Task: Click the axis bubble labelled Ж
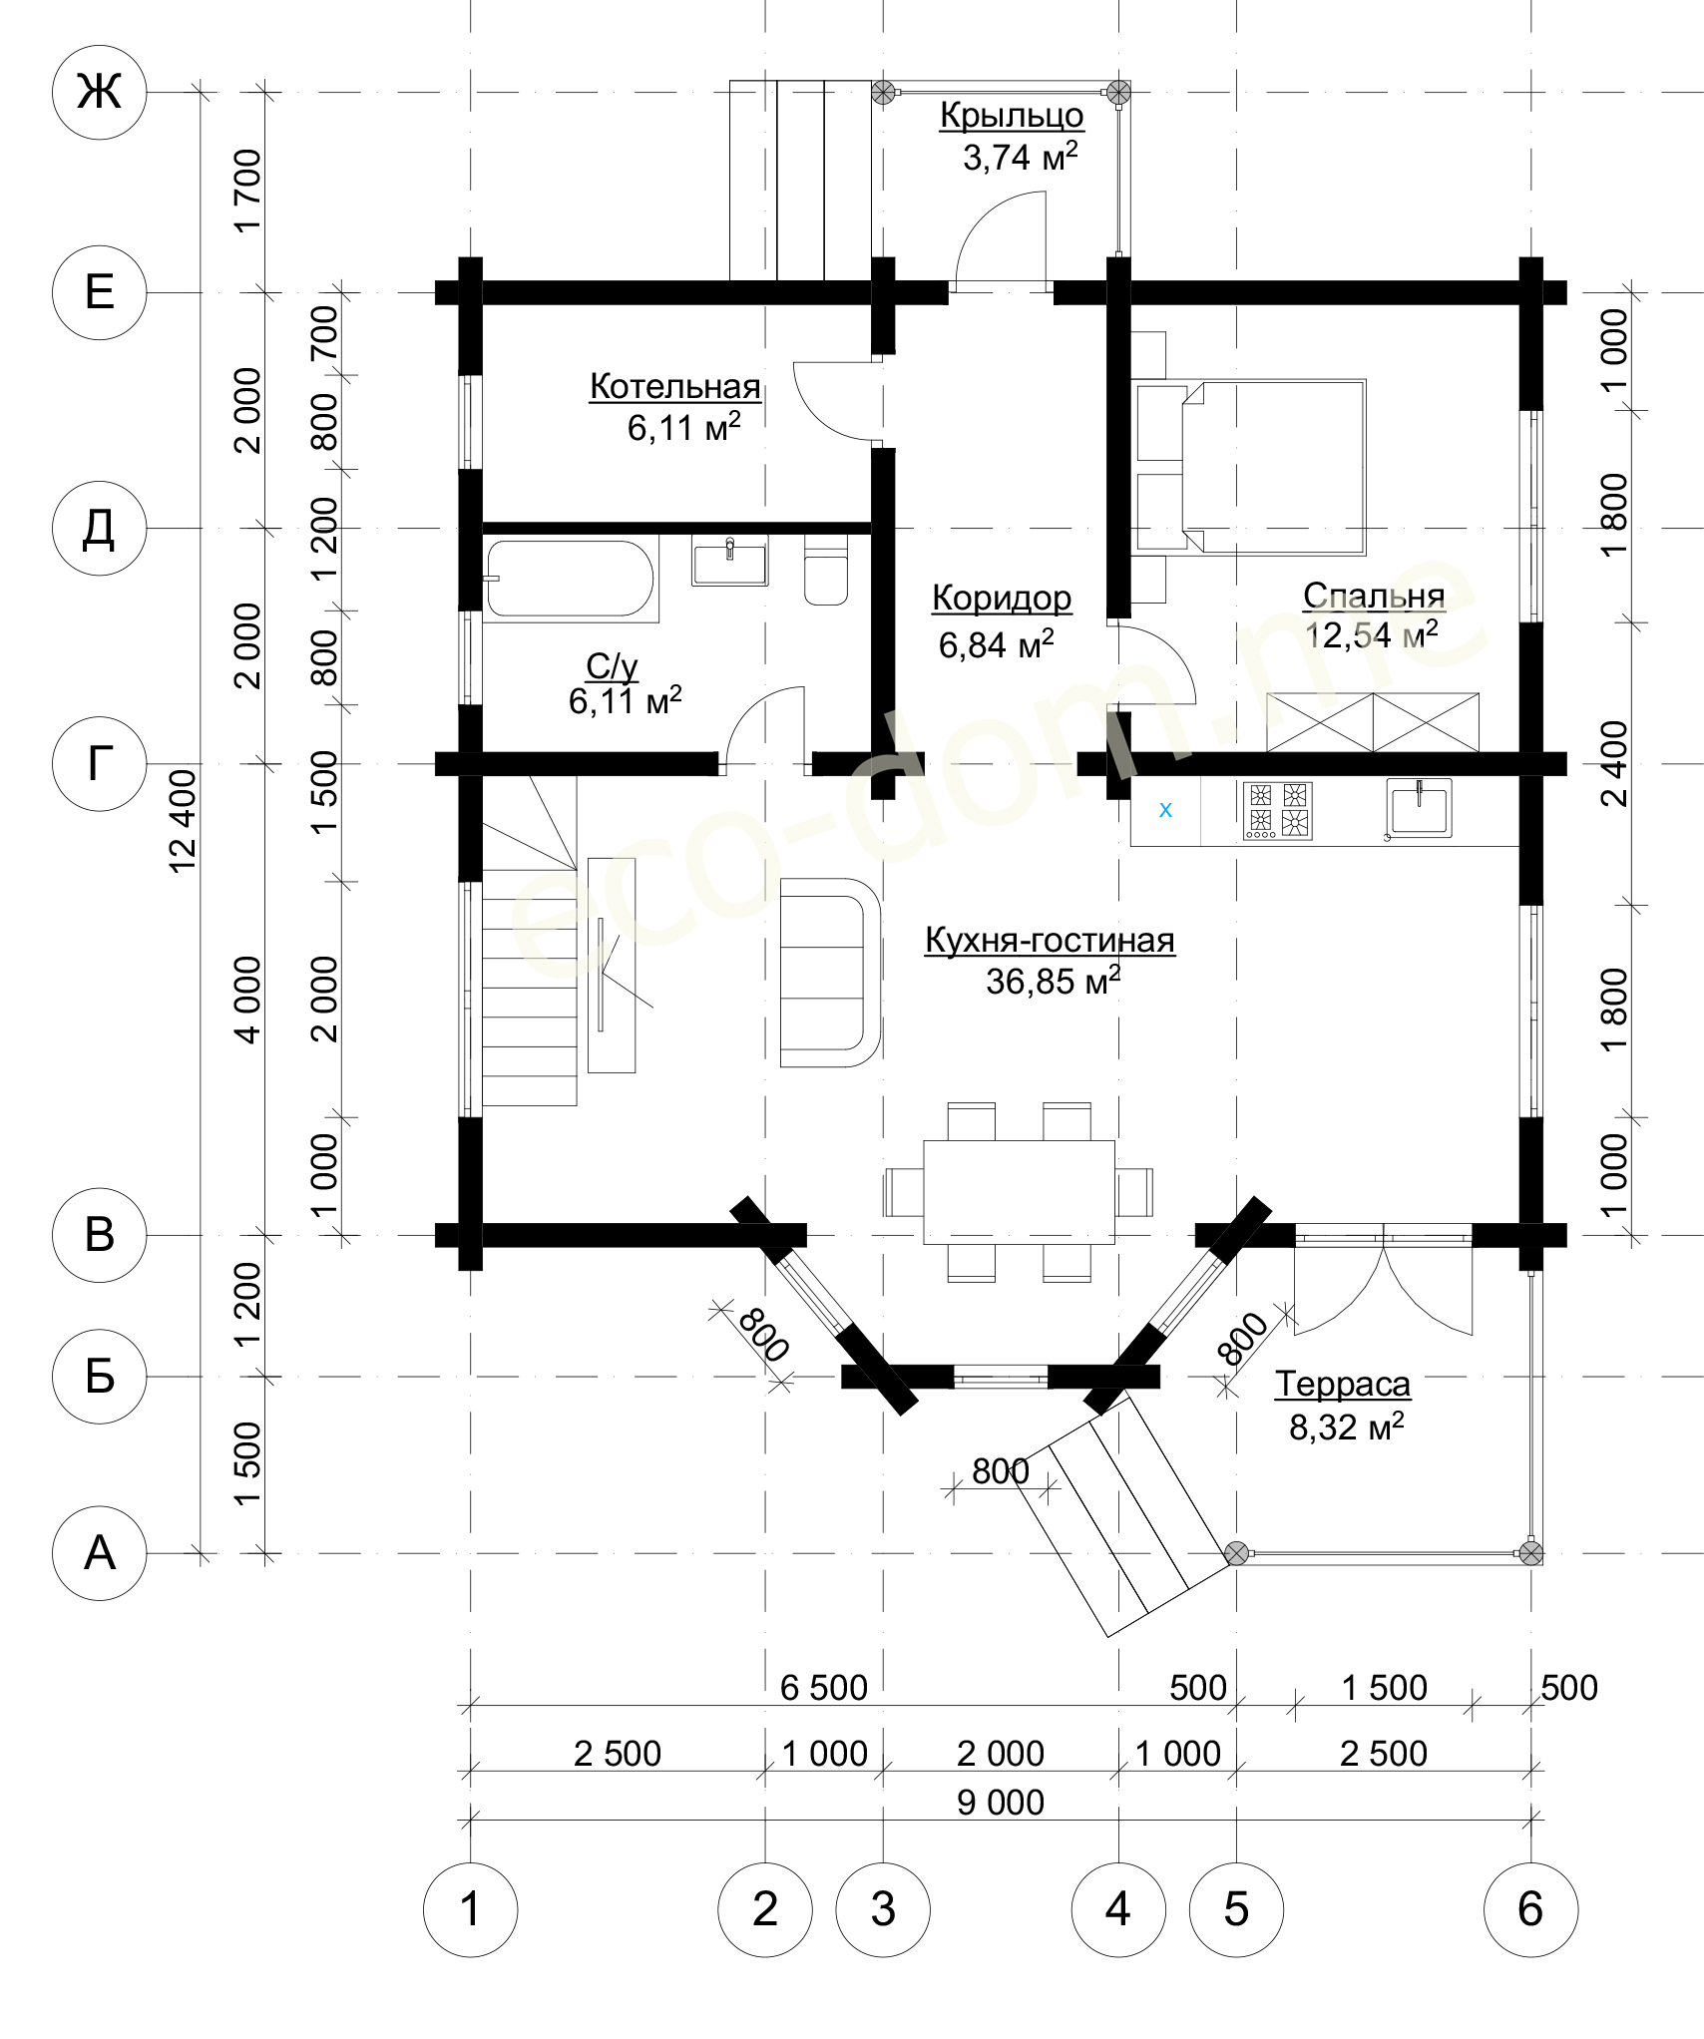pos(100,92)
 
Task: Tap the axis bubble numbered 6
pos(1530,1909)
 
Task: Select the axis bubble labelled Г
pos(100,763)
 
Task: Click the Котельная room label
pos(675,386)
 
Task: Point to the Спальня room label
pos(1374,595)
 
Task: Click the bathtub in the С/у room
pos(570,579)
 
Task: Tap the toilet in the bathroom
pos(825,571)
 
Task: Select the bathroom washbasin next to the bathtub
pos(729,561)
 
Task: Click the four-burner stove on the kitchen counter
pos(1278,809)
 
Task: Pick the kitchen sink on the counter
pos(1418,808)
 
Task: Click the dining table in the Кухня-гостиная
pos(1019,1192)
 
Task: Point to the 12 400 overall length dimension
pos(183,821)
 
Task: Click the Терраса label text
pos(1343,1384)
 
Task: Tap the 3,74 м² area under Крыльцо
pos(1020,157)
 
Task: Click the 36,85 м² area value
pos(1054,982)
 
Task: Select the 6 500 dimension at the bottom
pos(824,1687)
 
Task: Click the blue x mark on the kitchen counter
pos(1165,810)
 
